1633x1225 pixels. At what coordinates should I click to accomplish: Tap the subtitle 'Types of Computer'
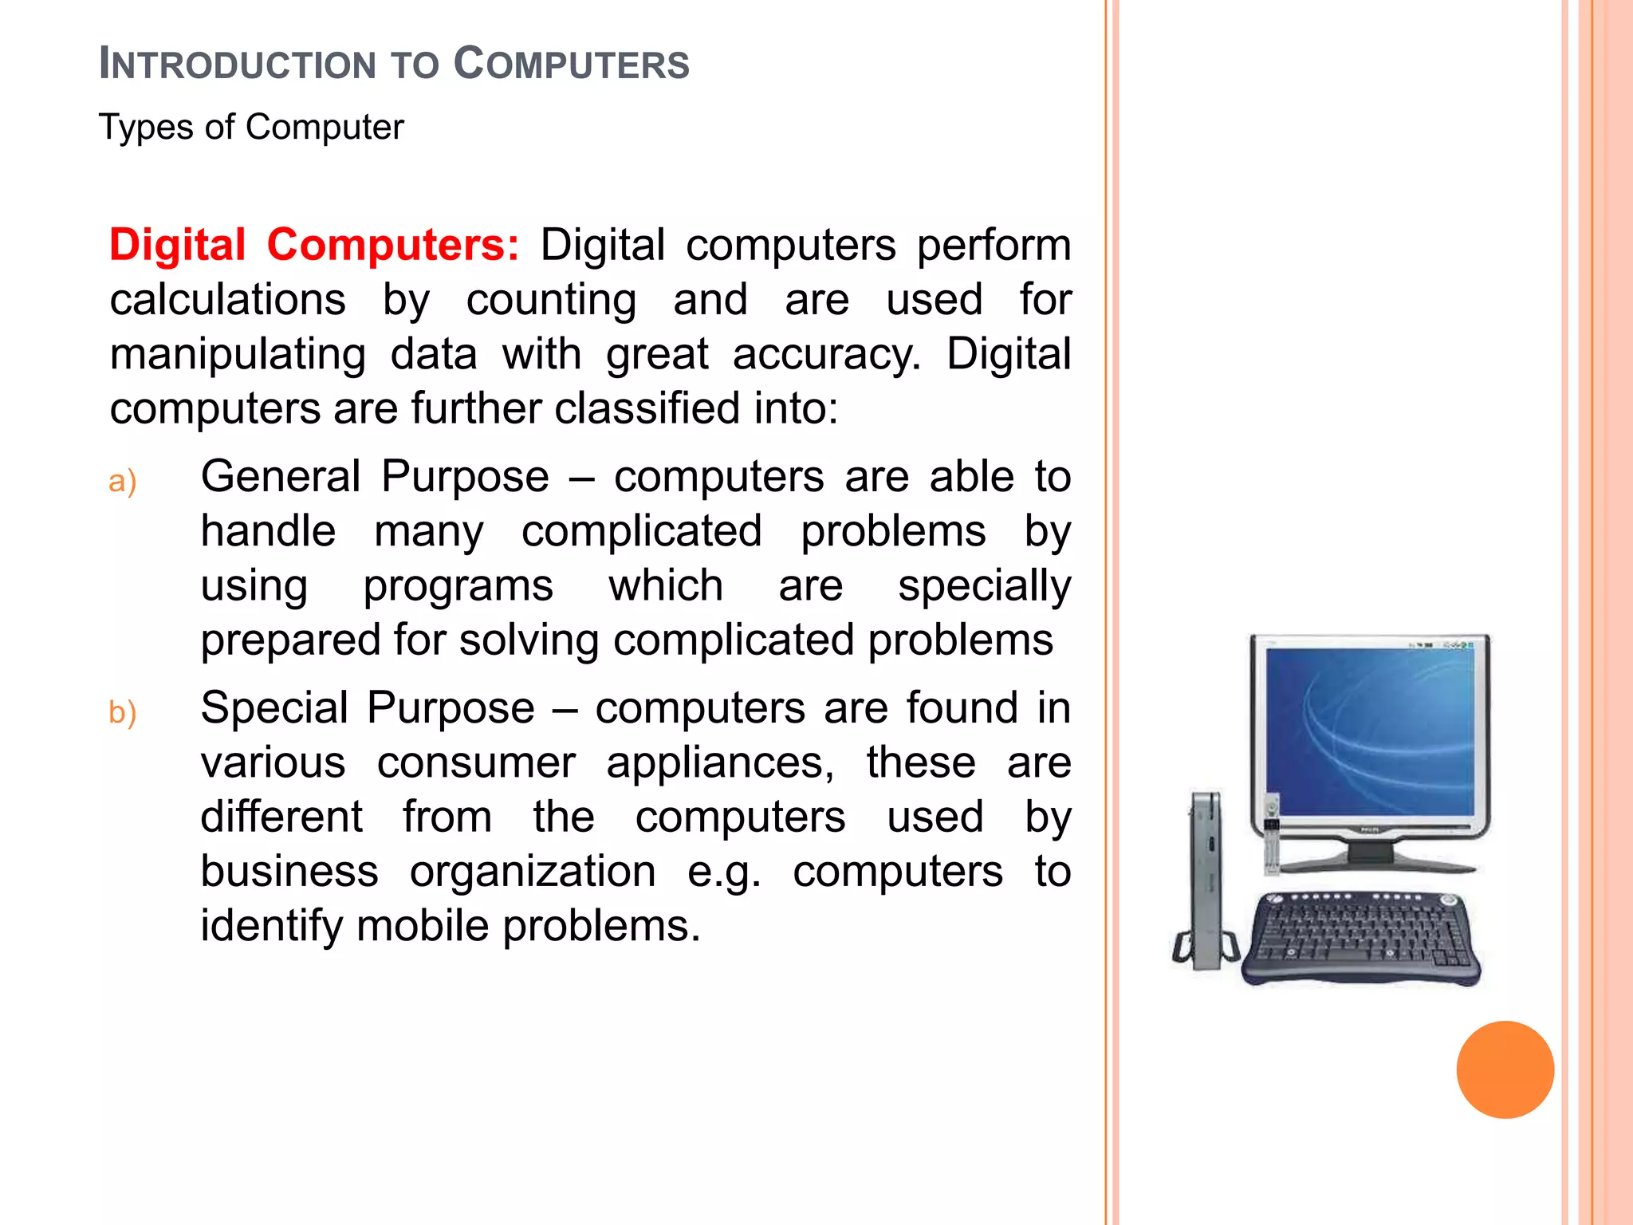tap(251, 128)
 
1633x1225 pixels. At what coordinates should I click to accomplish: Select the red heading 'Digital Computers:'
tap(314, 245)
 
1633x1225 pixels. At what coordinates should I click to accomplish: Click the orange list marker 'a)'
tap(123, 482)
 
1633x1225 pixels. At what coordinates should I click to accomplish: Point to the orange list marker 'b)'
tap(123, 712)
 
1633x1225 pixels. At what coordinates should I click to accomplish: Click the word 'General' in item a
tap(281, 477)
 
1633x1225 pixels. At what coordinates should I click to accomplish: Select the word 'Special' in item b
tap(273, 708)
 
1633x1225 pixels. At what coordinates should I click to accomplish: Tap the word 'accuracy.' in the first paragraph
tap(826, 354)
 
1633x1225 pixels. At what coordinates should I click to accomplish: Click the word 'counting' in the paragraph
tap(551, 301)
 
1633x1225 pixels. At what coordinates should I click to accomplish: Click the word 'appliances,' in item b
tap(720, 763)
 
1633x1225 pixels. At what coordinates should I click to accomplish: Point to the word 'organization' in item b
tap(533, 872)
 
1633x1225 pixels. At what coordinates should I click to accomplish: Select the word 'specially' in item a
tap(984, 587)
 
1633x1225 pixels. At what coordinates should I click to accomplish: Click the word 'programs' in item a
tap(458, 587)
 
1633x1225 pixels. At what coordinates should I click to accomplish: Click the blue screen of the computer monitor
tap(1368, 731)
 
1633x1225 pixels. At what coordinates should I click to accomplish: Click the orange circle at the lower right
tap(1505, 1069)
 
